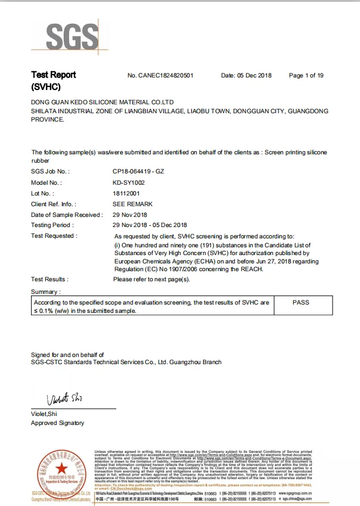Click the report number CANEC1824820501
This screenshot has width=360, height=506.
(x=160, y=76)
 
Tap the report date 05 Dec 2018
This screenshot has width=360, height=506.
(x=246, y=76)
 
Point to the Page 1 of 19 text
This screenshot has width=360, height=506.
(x=306, y=76)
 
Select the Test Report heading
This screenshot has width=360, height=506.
(x=54, y=75)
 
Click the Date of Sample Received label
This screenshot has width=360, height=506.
(x=67, y=215)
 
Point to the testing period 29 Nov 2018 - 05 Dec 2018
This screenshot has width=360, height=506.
(x=150, y=225)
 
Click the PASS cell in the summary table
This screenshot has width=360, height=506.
(x=301, y=303)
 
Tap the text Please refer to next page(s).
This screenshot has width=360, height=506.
(x=151, y=280)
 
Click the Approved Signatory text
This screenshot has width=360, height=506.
(x=58, y=423)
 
